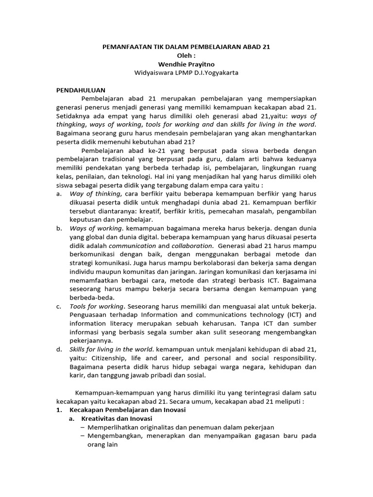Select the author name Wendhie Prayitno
tap(186, 65)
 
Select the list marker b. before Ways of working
tap(59, 228)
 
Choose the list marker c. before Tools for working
tap(59, 306)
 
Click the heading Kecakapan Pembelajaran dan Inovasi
tap(128, 410)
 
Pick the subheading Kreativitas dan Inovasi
tap(117, 419)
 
